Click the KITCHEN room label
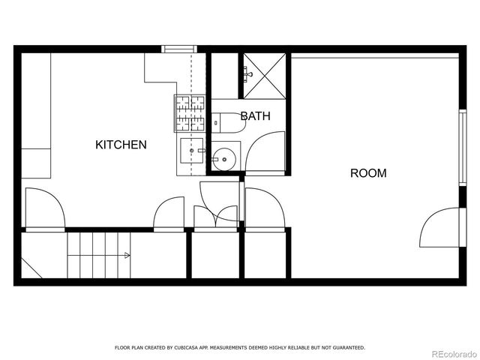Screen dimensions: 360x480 tap(121, 145)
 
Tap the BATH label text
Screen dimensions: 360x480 tap(255, 116)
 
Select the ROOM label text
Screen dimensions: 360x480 tap(368, 173)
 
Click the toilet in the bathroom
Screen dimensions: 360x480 tap(226, 122)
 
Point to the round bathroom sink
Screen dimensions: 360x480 tap(223, 158)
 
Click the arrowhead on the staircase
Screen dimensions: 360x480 tap(127, 256)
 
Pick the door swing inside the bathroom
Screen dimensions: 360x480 tap(268, 152)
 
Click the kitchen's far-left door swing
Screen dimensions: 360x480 tap(45, 208)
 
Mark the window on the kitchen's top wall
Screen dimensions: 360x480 tap(180, 49)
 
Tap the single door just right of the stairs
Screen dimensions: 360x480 tap(169, 213)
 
